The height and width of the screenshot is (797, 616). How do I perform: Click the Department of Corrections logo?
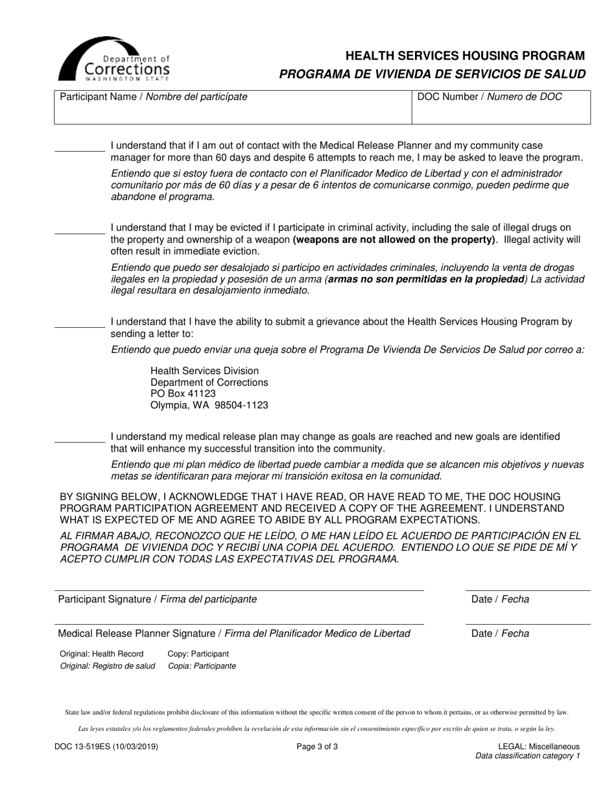pos(114,58)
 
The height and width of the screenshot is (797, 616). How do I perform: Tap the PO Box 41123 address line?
pos(183,394)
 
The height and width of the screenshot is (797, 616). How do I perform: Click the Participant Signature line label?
pos(157,599)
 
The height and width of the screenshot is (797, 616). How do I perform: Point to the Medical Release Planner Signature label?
pos(233,634)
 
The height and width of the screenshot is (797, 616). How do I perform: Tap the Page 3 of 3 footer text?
pos(317,746)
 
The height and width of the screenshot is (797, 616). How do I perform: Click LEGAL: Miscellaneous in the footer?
pos(539,746)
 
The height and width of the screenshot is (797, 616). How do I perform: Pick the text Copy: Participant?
pos(198,654)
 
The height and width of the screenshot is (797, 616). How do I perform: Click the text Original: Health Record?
pos(102,654)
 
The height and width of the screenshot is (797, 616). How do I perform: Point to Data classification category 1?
pos(528,756)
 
